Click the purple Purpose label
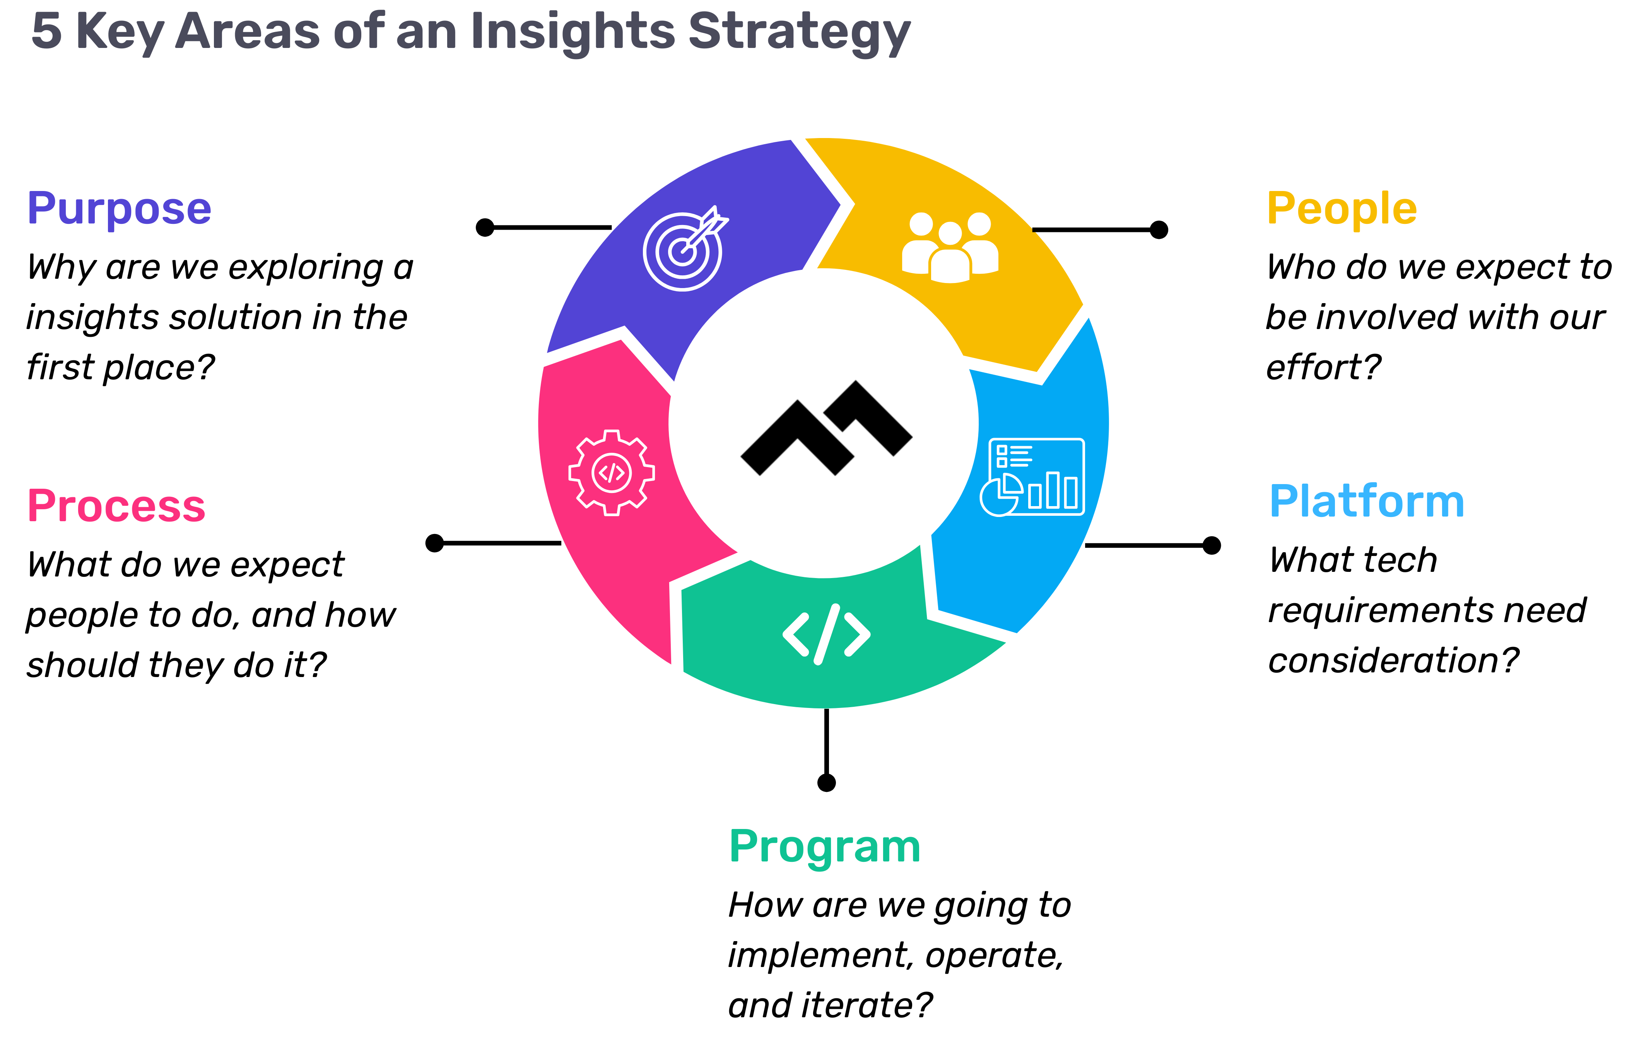(119, 209)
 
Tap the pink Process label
(116, 506)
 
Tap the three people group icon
(950, 247)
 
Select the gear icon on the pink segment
(612, 473)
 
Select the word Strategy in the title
(799, 32)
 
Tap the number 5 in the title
(47, 31)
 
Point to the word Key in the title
(120, 32)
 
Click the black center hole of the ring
(824, 424)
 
